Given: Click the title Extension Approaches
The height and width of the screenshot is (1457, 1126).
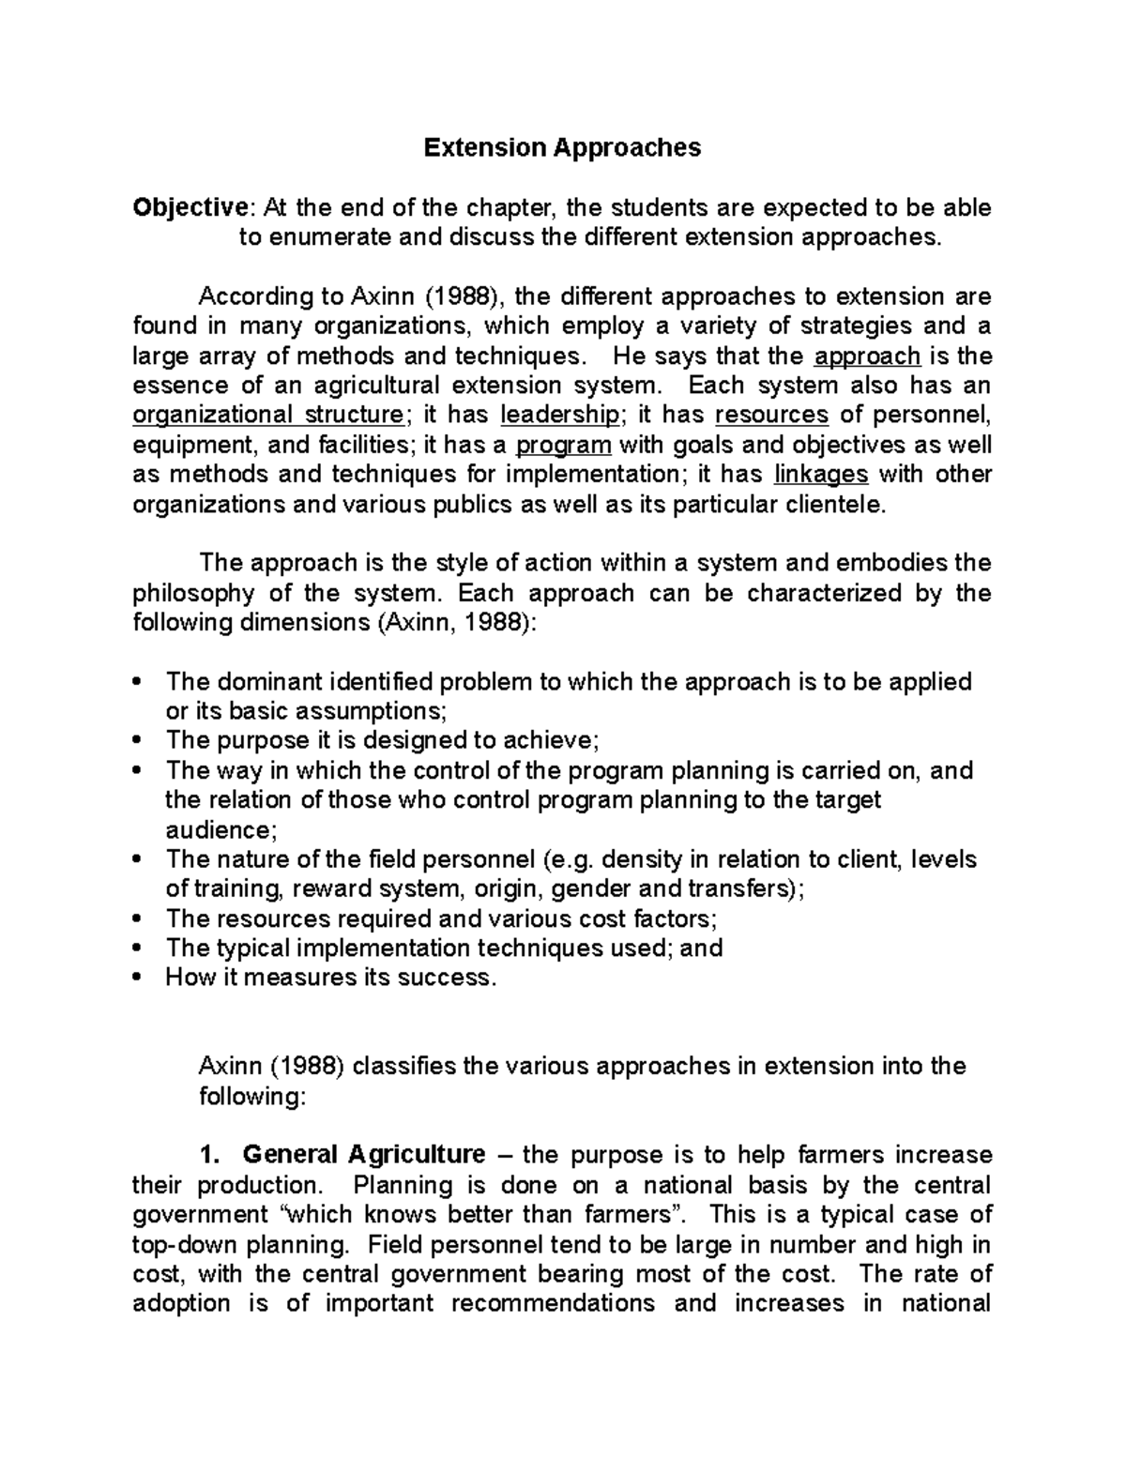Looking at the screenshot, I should tap(562, 147).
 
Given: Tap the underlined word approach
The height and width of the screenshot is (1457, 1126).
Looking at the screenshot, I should tap(867, 357).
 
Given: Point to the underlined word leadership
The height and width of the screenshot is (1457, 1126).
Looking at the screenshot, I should tap(559, 415).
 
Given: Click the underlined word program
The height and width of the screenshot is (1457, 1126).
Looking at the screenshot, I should tap(564, 445).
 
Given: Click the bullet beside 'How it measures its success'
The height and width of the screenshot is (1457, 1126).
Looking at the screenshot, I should tap(138, 978).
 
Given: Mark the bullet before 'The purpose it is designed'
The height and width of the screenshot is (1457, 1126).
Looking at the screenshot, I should tap(138, 740).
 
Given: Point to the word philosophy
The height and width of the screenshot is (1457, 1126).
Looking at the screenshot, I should tap(192, 593).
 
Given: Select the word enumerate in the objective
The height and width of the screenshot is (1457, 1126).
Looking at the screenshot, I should tap(327, 236).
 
